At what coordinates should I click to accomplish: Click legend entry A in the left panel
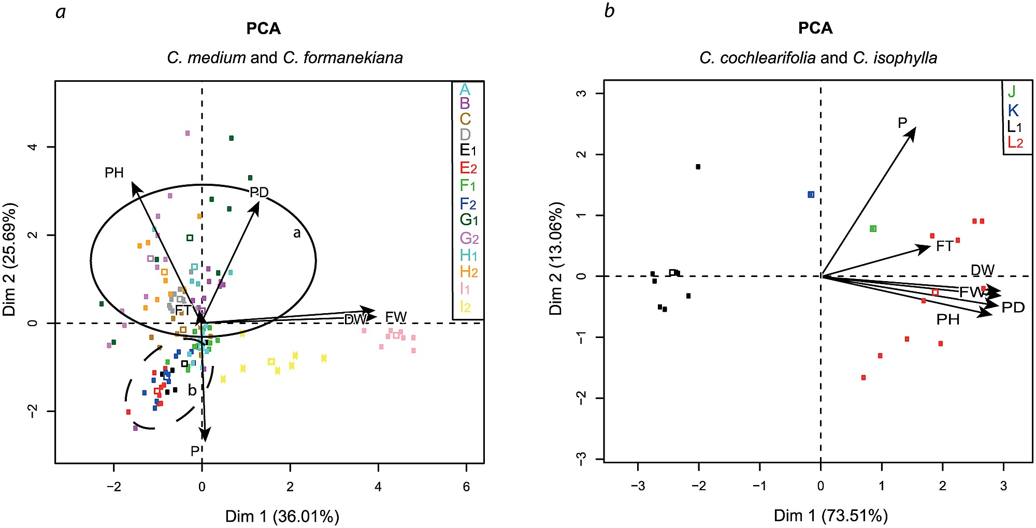pos(465,90)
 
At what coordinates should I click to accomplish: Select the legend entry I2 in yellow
pos(465,306)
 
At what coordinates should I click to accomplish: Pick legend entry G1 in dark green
pos(469,219)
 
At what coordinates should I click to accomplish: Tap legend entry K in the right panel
pos(1013,110)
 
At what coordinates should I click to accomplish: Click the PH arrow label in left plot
pos(114,173)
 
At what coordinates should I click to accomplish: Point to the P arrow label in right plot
pos(902,123)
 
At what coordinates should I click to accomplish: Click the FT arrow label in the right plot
pos(944,246)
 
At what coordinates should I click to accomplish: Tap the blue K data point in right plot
pos(811,195)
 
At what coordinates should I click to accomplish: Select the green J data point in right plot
pos(873,228)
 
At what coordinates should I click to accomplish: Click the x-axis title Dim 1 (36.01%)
pos(282,516)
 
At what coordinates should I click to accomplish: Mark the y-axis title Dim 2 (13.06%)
pos(556,258)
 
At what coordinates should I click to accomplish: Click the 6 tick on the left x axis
pos(466,487)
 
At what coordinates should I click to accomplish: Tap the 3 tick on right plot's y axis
pos(582,93)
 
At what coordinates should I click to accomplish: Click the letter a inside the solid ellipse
pos(297,233)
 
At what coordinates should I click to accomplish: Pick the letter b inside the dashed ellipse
pos(192,390)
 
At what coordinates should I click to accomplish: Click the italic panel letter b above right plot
pos(609,10)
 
